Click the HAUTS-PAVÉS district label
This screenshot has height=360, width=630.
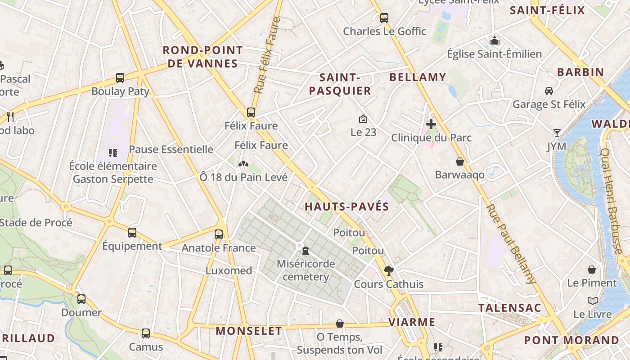pos(346,207)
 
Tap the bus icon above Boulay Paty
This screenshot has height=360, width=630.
pos(120,78)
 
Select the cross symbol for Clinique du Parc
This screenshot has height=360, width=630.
pos(431,124)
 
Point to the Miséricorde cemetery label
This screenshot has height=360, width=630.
pos(306,270)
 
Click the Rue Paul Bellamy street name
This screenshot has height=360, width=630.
pos(512,243)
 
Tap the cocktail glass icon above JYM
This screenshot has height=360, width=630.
pos(557,133)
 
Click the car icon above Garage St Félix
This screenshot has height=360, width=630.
pos(549,91)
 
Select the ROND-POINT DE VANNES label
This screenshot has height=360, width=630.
pos(202,57)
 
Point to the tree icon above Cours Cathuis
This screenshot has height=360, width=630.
pos(388,270)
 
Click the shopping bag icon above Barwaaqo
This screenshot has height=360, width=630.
pos(460,162)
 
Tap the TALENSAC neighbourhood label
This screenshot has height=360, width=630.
pos(509,308)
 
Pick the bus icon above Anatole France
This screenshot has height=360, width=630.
pos(219,234)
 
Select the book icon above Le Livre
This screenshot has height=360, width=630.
pos(593,301)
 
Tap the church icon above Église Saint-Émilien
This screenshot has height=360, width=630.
pos(495,41)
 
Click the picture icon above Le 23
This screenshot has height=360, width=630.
pos(363,119)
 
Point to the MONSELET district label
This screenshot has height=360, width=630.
pos(249,331)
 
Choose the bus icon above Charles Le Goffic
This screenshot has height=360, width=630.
pos(384,18)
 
